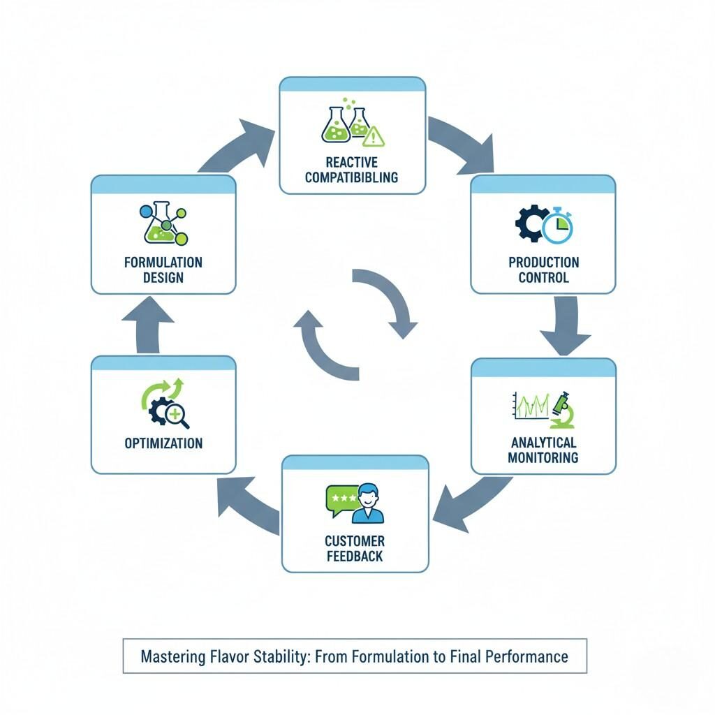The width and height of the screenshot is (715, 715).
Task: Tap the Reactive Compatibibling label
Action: (352, 170)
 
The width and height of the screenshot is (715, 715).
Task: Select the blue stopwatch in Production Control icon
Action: (557, 228)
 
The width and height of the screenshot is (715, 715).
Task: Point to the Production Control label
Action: (543, 270)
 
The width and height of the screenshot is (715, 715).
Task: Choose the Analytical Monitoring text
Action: (543, 450)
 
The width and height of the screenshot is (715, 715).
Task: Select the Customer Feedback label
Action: (355, 549)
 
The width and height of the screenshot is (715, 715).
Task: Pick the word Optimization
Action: (163, 443)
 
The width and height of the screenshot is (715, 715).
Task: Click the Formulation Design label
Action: (163, 270)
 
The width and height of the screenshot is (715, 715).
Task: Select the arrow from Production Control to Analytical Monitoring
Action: (566, 325)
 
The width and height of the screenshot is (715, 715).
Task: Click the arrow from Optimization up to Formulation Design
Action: (148, 325)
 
